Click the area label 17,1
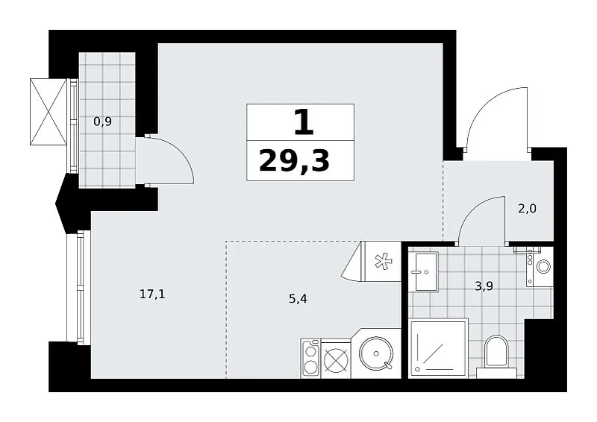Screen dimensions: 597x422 point(152,295)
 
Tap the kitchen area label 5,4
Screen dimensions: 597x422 point(298,299)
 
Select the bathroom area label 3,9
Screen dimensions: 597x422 point(484,286)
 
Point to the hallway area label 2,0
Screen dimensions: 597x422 point(528,209)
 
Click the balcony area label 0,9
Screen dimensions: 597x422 point(102,122)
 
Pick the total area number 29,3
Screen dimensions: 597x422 point(294,160)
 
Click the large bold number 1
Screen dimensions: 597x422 point(304,123)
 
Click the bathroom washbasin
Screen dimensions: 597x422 point(426,271)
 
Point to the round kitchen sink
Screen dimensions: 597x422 point(376,353)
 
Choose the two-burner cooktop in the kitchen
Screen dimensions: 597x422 point(310,358)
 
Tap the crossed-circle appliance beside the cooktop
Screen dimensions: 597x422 point(335,359)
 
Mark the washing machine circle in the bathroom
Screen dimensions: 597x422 point(543,266)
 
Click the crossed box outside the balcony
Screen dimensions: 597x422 point(49,112)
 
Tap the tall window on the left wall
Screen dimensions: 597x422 point(78,287)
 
